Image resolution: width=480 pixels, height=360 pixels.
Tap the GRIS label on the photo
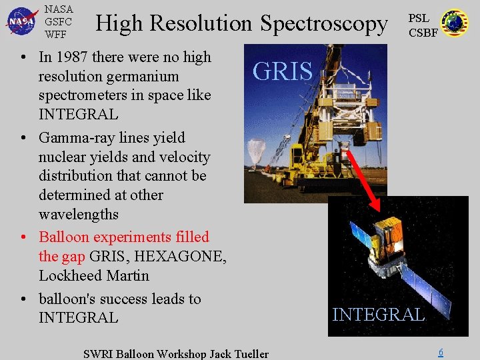tap(283, 71)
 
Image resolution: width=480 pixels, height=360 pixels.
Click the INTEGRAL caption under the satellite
tap(378, 315)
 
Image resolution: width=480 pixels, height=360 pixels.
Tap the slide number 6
tap(440, 353)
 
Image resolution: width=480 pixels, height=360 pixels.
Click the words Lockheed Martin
tap(94, 275)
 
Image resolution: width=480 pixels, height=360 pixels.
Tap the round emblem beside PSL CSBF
tap(455, 23)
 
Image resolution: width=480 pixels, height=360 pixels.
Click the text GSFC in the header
tap(58, 21)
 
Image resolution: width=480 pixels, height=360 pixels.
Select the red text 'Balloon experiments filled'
tap(124, 237)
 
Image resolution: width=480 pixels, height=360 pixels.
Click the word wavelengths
tap(79, 215)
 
